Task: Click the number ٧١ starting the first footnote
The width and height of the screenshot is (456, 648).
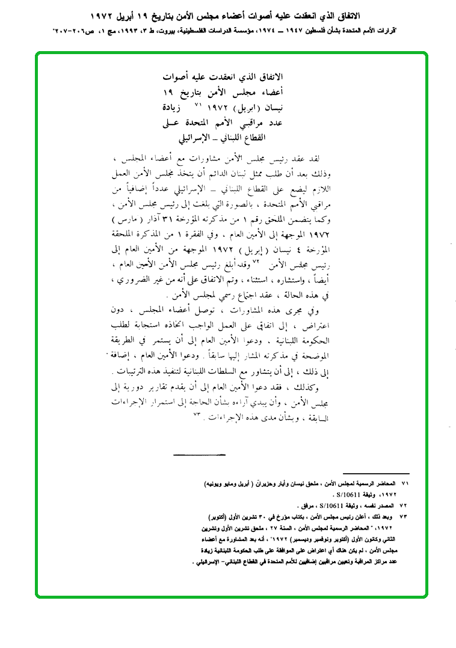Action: (405, 484)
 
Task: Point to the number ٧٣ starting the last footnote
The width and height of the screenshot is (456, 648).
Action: (405, 516)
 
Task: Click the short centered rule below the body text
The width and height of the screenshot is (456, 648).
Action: (199, 454)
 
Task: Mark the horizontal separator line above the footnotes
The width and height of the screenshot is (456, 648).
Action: (375, 474)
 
